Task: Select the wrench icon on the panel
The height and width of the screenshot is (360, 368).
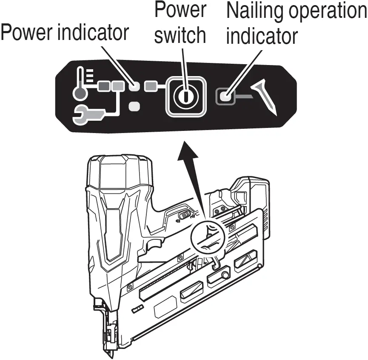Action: (x=88, y=115)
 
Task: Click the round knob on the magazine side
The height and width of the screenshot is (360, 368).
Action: (x=224, y=277)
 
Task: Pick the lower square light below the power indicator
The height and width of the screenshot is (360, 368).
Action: (x=134, y=106)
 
